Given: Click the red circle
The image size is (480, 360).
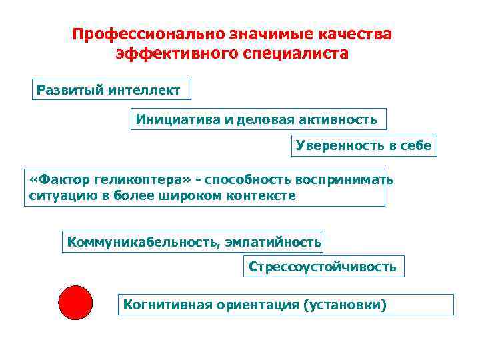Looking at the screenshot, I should tap(75, 303).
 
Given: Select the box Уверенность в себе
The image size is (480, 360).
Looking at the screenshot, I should tap(364, 145).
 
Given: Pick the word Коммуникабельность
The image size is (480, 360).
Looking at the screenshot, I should tap(140, 241).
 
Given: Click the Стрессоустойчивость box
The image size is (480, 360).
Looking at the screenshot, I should tap(323, 267).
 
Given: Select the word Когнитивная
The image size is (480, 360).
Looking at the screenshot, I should tap(167, 305).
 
